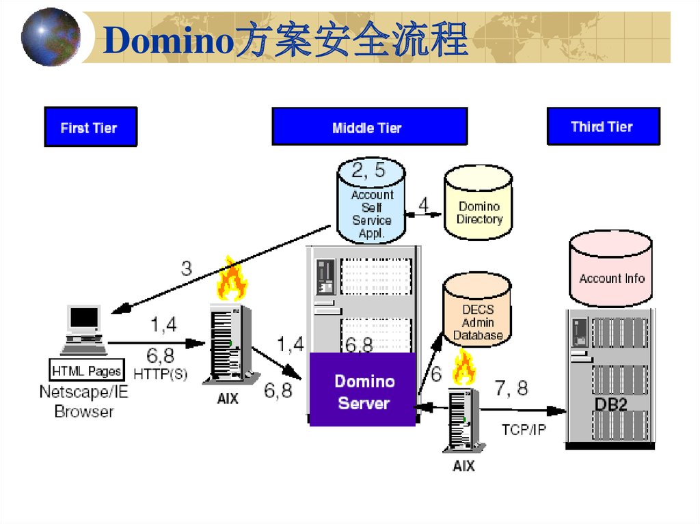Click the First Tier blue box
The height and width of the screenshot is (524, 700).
pyautogui.click(x=90, y=127)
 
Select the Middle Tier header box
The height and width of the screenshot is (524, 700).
pyautogui.click(x=369, y=127)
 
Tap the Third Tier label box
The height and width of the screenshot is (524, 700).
pyautogui.click(x=603, y=126)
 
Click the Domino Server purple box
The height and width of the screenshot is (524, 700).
pyautogui.click(x=363, y=391)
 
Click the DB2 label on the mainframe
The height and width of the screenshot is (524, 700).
pyautogui.click(x=610, y=402)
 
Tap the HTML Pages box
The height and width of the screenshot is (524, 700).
pyautogui.click(x=87, y=372)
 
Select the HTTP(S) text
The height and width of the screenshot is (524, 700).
pyautogui.click(x=160, y=374)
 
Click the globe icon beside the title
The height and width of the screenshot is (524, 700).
pyautogui.click(x=50, y=37)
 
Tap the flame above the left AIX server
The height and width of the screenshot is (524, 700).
pyautogui.click(x=231, y=280)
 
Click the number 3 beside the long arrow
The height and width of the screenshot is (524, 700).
pyautogui.click(x=186, y=268)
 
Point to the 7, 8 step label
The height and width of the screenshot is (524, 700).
pyautogui.click(x=511, y=389)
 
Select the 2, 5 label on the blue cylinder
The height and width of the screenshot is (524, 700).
pyautogui.click(x=368, y=171)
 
